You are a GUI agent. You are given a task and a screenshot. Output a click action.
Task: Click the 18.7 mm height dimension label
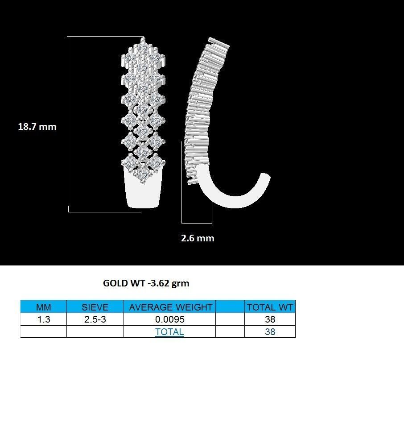pos(37,127)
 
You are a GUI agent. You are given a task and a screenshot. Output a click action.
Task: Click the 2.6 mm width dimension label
pos(198,238)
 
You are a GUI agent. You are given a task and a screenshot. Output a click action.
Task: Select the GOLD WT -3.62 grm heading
pos(146,283)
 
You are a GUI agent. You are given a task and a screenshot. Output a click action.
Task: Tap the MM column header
pos(43,307)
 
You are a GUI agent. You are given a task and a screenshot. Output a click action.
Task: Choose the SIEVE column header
pos(95,307)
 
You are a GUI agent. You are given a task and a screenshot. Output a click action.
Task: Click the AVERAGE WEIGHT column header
pos(170,307)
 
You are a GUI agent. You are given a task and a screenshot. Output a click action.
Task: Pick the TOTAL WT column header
pos(270,307)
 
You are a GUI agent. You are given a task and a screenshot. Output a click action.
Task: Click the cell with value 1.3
pos(43,319)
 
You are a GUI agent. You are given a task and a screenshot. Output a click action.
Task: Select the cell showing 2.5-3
pos(95,319)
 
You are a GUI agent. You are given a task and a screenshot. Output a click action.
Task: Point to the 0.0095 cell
pos(170,319)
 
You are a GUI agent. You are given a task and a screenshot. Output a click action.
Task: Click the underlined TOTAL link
pos(169,332)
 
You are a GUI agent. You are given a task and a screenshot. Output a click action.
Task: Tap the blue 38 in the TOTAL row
pos(270,332)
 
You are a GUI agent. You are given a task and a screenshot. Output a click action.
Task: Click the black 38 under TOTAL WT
pos(270,319)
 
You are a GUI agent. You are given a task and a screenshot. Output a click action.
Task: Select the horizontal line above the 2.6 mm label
pos(197,223)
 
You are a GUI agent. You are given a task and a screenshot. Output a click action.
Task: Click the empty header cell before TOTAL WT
pos(230,307)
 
